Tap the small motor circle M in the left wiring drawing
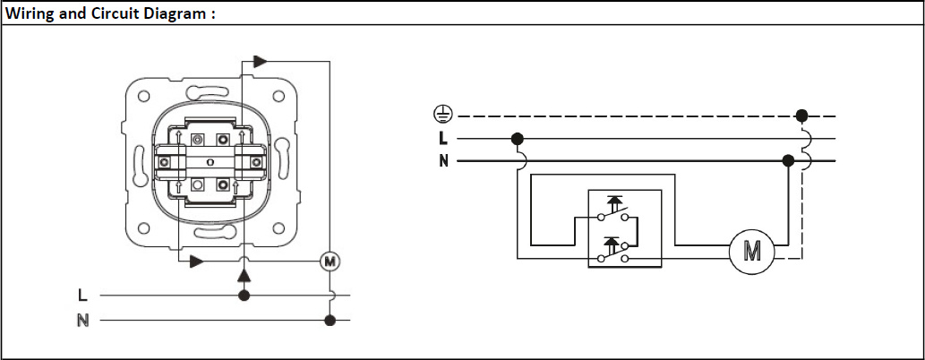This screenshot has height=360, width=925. click(330, 261)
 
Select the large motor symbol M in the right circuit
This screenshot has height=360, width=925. click(751, 252)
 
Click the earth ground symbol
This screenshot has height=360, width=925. click(443, 115)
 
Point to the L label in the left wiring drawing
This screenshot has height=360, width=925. click(82, 294)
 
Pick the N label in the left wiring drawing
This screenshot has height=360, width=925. click(83, 321)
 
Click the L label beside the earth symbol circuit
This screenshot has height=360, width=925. click(443, 138)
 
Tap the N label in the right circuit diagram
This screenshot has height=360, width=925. click(443, 160)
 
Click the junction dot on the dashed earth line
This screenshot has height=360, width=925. click(801, 116)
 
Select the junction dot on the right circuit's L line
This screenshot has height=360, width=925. click(518, 140)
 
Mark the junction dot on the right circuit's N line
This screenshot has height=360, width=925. click(787, 160)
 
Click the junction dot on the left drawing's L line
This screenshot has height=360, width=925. click(243, 295)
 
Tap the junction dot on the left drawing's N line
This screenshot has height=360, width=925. click(330, 321)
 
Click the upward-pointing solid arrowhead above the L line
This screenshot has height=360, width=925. click(244, 275)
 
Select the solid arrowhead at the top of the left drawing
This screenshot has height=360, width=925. click(261, 61)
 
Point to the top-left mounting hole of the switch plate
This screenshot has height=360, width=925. click(143, 96)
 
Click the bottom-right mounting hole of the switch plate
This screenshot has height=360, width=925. click(278, 227)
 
